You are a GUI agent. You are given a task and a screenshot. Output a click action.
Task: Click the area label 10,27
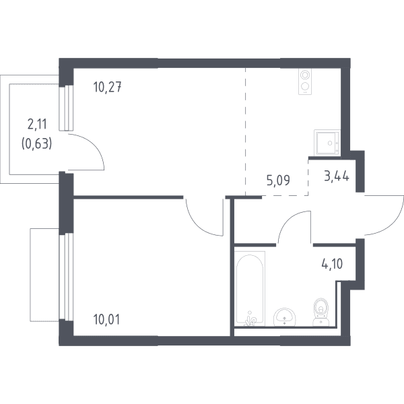tap(107, 87)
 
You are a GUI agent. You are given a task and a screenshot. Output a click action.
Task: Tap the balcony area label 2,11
tap(37, 125)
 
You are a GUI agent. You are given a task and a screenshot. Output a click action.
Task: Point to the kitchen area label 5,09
tap(278, 180)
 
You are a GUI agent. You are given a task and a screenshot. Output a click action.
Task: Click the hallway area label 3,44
tap(337, 176)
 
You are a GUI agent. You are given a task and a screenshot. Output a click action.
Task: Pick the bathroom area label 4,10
tap(333, 264)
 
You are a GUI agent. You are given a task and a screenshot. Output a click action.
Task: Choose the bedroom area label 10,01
tap(106, 319)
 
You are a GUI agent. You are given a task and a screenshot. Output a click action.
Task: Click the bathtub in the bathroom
tap(250, 288)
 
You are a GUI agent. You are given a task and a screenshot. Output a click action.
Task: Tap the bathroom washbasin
tap(284, 316)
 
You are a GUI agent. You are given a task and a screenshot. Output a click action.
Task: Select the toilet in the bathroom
tap(321, 312)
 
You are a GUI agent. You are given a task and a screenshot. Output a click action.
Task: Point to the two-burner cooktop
tap(305, 81)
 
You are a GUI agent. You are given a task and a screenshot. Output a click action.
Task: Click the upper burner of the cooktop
tap(305, 75)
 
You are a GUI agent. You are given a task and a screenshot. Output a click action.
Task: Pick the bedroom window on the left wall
tap(66, 277)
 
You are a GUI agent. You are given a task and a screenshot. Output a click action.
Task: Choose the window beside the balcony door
tap(66, 108)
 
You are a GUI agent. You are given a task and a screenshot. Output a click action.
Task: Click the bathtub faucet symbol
tap(250, 318)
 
